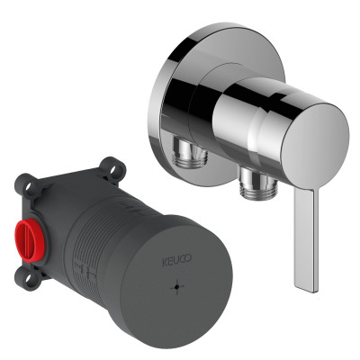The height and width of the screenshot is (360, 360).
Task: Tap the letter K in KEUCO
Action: point(165,262)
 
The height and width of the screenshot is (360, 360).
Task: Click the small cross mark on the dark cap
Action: point(177,287)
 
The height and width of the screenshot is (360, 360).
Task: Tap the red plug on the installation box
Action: point(29,240)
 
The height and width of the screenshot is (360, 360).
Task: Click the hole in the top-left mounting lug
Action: point(30,187)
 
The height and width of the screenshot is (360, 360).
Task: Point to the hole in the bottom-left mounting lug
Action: point(29,279)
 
